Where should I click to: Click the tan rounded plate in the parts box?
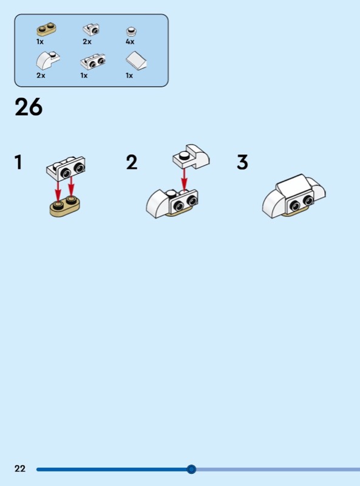(x=47, y=29)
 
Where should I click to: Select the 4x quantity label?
(x=130, y=41)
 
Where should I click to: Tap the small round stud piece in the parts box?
(x=132, y=32)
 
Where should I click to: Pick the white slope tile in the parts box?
(x=137, y=60)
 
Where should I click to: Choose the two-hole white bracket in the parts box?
(x=93, y=61)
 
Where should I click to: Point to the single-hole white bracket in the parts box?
(x=91, y=30)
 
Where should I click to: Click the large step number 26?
(x=29, y=107)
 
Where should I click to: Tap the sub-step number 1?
(x=19, y=162)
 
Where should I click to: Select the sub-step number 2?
(x=132, y=162)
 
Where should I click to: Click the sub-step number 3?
(x=242, y=162)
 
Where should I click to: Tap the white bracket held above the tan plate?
(x=66, y=168)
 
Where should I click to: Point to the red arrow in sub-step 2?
(x=185, y=179)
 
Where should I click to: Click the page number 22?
(x=20, y=468)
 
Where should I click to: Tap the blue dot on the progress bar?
(x=191, y=469)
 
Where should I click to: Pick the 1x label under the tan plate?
(x=40, y=42)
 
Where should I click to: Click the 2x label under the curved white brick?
(x=41, y=75)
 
